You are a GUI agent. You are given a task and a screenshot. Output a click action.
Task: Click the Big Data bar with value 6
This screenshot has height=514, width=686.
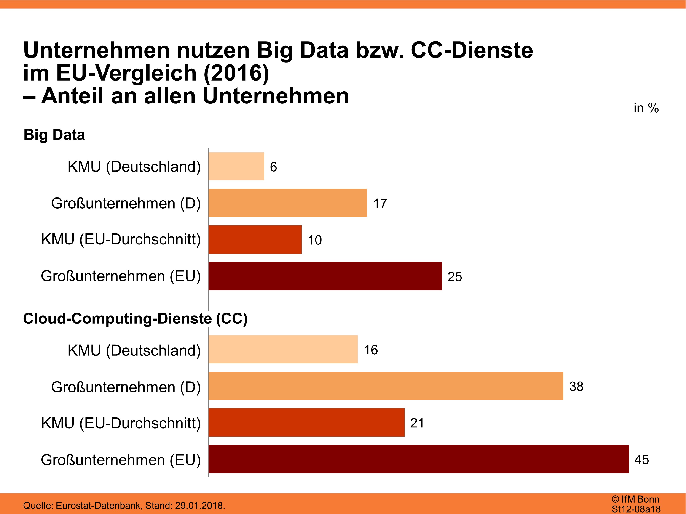[x=236, y=166]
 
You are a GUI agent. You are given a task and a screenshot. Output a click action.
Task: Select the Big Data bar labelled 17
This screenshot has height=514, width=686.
[x=287, y=203]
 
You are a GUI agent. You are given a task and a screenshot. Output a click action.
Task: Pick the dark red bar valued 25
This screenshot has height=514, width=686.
[x=325, y=276]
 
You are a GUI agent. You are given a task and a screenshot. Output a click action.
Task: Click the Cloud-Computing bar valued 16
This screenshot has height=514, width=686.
[x=283, y=349]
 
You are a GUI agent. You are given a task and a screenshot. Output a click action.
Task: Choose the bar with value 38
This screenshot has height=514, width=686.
[x=386, y=386]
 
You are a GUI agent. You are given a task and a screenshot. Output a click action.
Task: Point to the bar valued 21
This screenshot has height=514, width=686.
[x=306, y=422]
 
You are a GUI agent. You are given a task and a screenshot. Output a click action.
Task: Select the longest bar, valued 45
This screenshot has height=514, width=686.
[x=418, y=459]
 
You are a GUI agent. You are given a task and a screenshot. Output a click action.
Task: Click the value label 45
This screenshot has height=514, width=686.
[x=641, y=459]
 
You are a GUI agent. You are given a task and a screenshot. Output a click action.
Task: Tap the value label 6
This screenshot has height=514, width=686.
[x=273, y=167]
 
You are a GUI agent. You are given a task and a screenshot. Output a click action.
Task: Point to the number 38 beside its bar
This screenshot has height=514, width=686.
[x=576, y=386]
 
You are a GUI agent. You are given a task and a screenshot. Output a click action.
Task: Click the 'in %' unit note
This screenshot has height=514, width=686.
[x=646, y=108]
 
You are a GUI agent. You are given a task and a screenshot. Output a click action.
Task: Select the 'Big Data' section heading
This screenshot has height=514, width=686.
[x=54, y=135]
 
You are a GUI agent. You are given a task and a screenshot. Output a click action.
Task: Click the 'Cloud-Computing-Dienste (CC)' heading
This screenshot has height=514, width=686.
[x=135, y=318]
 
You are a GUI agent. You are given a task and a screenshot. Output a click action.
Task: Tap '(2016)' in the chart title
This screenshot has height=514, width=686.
[x=236, y=73]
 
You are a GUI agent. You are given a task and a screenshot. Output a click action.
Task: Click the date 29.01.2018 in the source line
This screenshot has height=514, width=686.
[x=199, y=505]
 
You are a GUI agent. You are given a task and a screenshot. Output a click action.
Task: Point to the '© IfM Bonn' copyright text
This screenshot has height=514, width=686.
[x=635, y=499]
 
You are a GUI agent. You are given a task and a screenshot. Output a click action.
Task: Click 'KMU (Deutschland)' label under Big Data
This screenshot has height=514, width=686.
[x=134, y=167]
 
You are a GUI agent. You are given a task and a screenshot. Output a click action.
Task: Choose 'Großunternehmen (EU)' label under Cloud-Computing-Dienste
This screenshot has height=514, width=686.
[x=121, y=460]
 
